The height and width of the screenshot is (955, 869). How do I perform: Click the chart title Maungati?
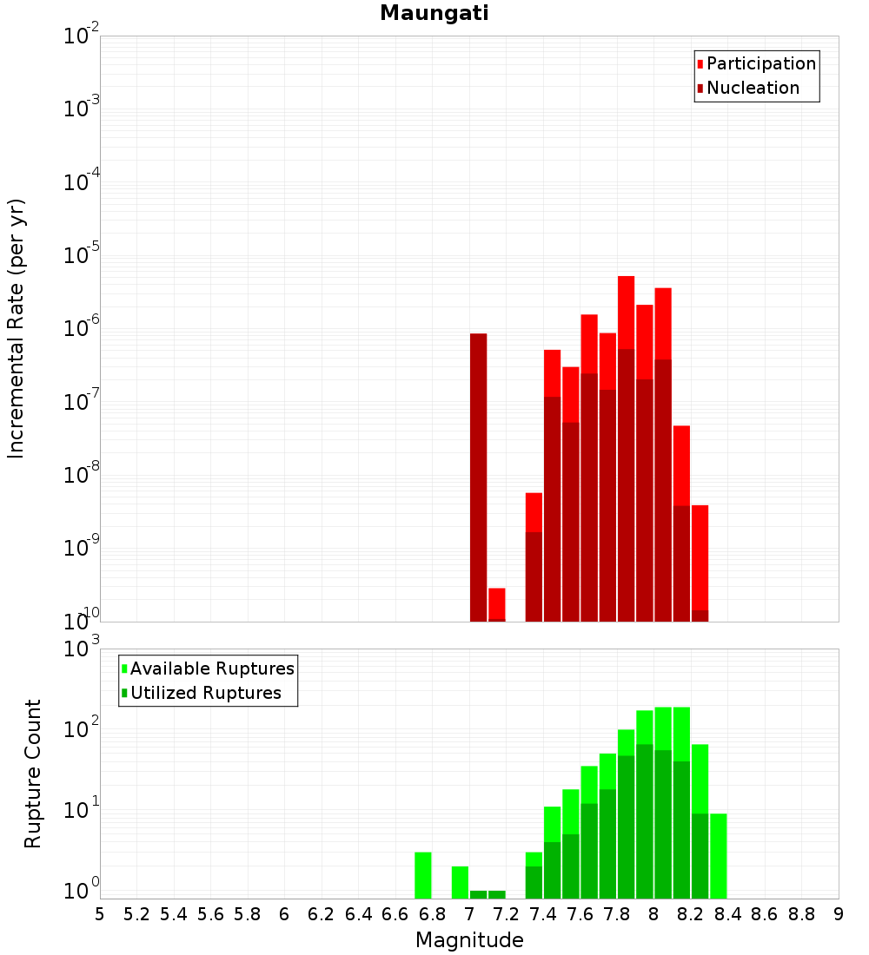click(434, 13)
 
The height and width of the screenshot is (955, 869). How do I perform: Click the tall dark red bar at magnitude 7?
click(478, 477)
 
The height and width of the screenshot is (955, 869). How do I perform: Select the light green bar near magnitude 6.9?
click(460, 882)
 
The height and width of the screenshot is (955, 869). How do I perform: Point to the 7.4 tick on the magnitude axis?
click(543, 914)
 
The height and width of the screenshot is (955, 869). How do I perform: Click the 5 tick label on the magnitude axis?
click(100, 914)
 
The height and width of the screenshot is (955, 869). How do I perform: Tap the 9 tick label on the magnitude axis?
click(839, 914)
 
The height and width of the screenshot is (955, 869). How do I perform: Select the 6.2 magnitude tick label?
click(322, 914)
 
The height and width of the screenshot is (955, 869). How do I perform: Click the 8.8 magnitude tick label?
click(801, 914)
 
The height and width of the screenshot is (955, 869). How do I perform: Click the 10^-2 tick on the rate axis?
click(82, 36)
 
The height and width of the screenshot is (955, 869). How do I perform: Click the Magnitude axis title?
click(469, 940)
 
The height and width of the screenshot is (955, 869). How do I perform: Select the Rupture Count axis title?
click(33, 773)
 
